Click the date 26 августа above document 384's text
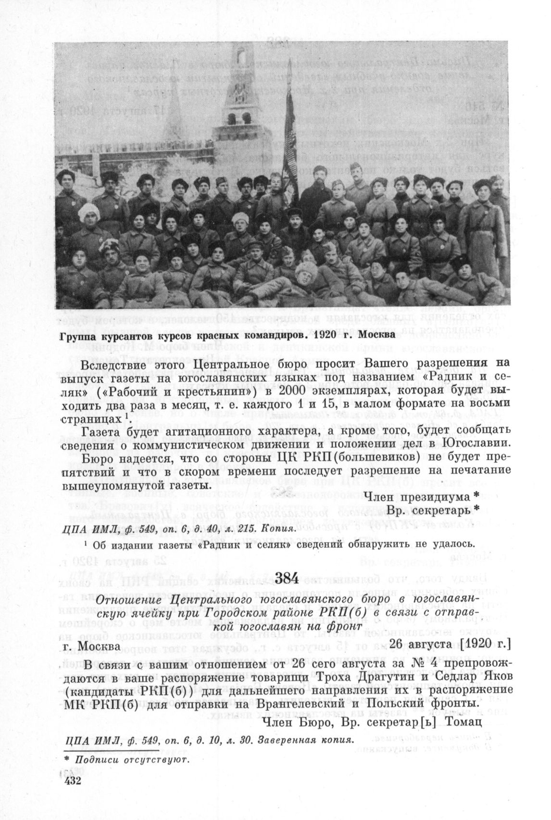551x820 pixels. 422,643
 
